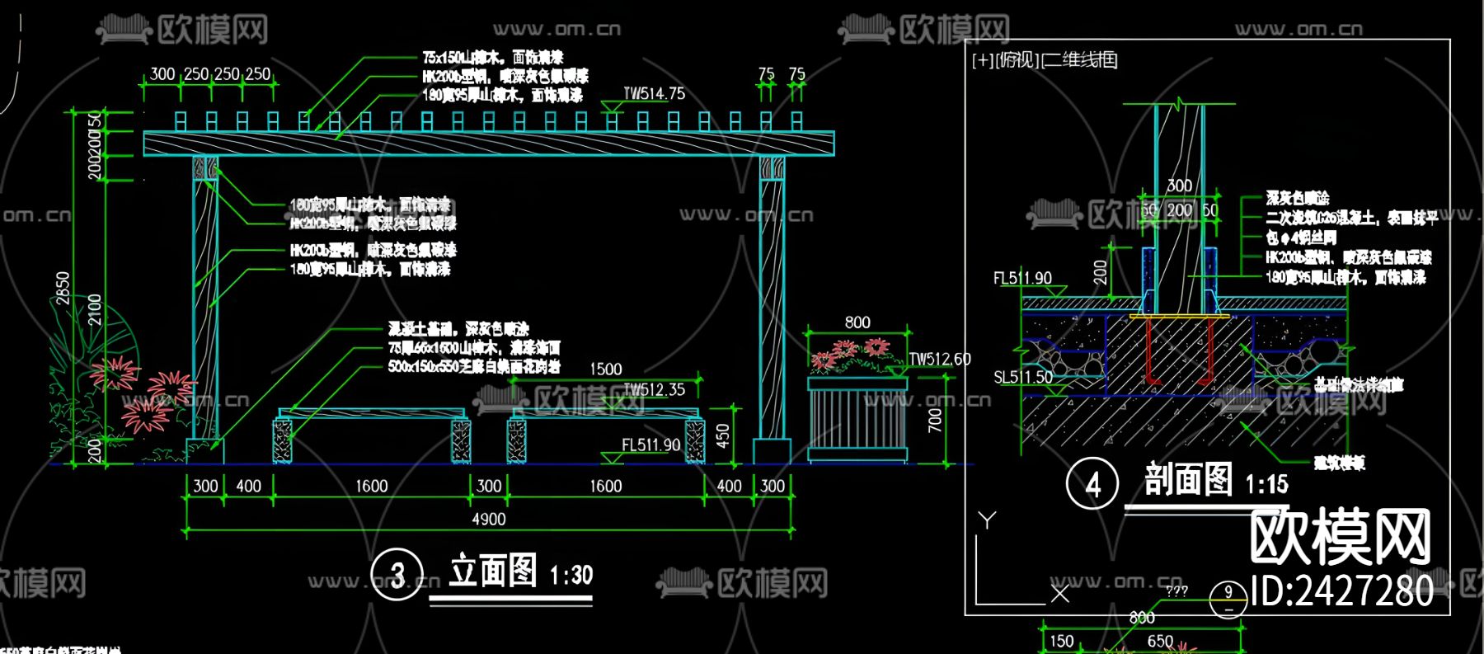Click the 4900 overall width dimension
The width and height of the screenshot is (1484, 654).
tap(488, 519)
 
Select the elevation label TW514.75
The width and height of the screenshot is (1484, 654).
tap(654, 94)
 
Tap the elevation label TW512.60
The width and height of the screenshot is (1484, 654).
tap(940, 360)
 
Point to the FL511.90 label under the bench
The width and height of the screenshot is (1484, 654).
tap(650, 445)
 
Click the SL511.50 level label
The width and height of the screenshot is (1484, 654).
tap(1022, 377)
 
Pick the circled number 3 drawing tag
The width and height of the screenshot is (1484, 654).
tap(397, 575)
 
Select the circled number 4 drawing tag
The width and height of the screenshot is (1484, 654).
tap(1092, 484)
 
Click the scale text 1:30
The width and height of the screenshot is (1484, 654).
tap(571, 575)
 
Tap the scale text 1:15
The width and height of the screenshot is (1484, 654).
tap(1266, 483)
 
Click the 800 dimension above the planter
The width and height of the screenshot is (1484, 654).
tap(857, 322)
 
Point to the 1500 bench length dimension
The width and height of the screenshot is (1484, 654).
tap(606, 369)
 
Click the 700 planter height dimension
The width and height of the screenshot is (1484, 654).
tap(935, 421)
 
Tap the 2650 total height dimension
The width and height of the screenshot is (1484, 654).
tap(63, 288)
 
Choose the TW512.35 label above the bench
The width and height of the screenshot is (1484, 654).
tap(654, 389)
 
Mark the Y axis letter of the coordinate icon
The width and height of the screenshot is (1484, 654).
tap(987, 520)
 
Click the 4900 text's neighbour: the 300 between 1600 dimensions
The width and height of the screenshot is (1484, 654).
tap(489, 487)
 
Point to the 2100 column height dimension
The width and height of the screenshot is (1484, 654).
tap(95, 308)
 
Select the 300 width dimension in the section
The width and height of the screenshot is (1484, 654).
tap(1179, 186)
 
